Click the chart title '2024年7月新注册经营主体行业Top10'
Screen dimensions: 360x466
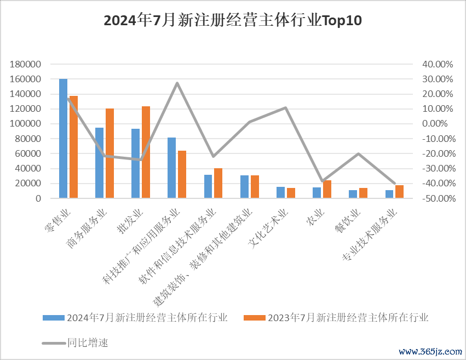tap(233, 21)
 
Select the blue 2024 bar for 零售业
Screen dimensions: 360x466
tap(63, 138)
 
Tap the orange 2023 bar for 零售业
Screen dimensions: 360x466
tap(73, 147)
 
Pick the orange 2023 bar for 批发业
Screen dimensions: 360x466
tap(146, 152)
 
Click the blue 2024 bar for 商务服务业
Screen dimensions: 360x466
tap(99, 163)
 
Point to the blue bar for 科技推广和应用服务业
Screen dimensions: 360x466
tap(172, 168)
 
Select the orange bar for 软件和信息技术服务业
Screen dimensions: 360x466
tap(218, 183)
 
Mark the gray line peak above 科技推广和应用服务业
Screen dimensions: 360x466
tap(177, 83)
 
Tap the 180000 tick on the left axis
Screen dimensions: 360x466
tap(26, 64)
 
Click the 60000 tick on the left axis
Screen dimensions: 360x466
tap(28, 154)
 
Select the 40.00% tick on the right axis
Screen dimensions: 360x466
tap(438, 64)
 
